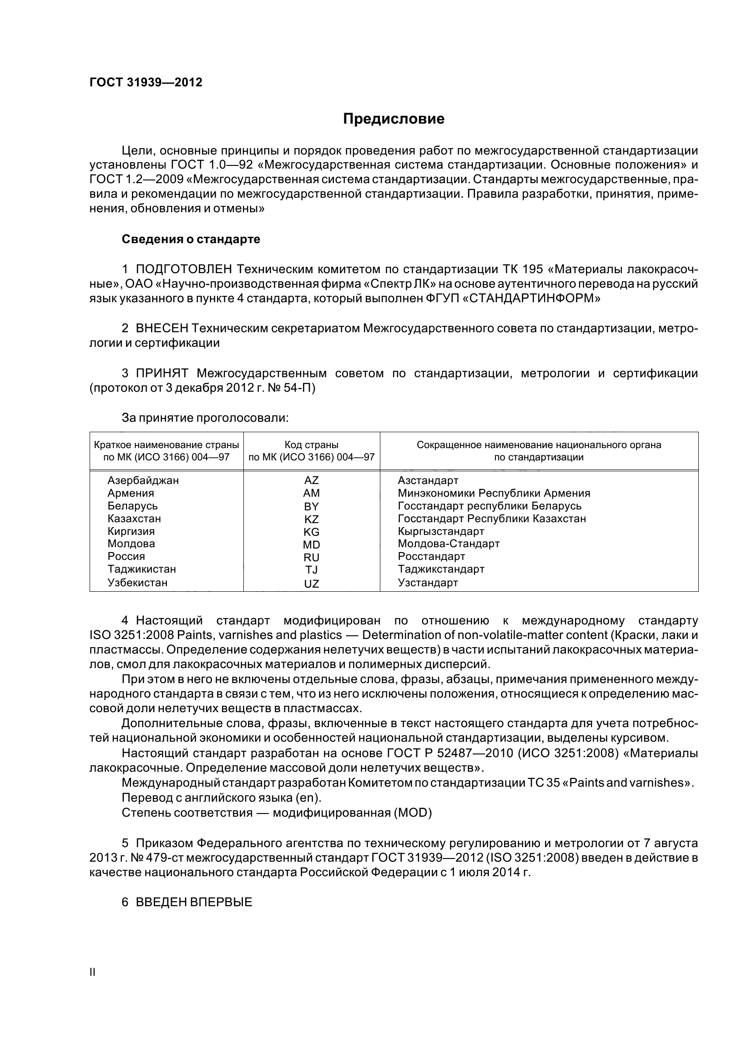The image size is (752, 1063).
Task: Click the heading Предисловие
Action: (394, 119)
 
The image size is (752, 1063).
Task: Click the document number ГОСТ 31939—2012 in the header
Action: (146, 82)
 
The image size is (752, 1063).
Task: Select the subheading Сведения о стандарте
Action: (191, 240)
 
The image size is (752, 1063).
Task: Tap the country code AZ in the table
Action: (311, 480)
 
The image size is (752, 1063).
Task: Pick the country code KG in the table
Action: (311, 532)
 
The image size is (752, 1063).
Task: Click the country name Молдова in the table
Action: (131, 544)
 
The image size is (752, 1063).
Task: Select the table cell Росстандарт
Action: (431, 557)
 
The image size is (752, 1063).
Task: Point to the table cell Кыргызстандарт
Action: (441, 531)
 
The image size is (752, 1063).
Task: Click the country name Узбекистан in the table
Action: (137, 583)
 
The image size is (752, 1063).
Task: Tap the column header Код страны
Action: (311, 445)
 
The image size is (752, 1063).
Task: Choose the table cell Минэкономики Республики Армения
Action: (494, 493)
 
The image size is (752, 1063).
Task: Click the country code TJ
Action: (311, 570)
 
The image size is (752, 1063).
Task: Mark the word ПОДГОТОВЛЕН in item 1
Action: (183, 269)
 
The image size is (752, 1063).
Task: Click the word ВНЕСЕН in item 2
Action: (162, 329)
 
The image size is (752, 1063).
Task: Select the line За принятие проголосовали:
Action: (205, 418)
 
